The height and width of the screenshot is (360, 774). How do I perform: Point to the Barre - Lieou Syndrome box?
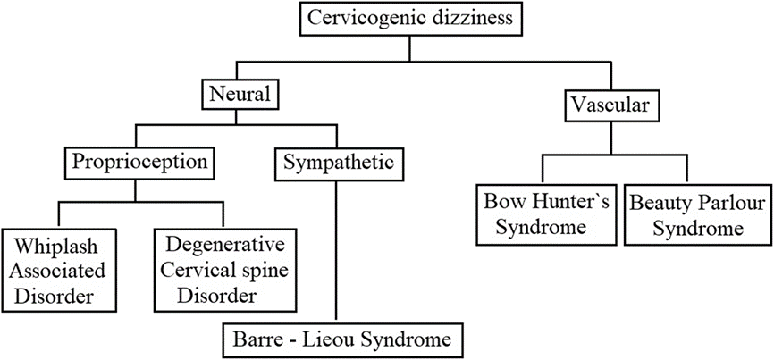343,340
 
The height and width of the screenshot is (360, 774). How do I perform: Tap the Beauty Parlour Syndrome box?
697,213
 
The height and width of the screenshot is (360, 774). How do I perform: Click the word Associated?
55,270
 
